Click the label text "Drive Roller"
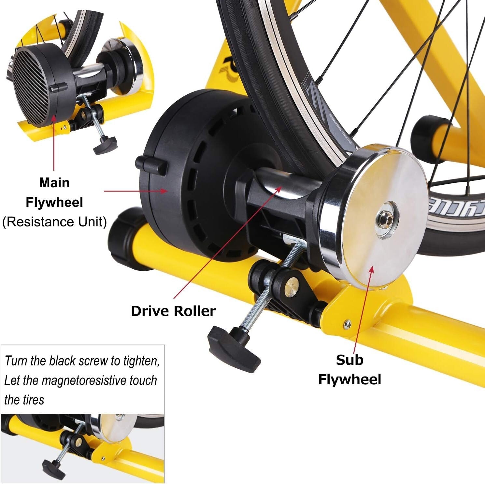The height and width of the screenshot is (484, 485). pyautogui.click(x=173, y=311)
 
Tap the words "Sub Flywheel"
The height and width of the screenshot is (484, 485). pyautogui.click(x=349, y=370)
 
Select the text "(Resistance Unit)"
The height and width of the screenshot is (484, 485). pyautogui.click(x=54, y=222)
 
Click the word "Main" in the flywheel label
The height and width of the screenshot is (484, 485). pyautogui.click(x=54, y=183)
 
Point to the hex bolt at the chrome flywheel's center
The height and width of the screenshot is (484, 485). pyautogui.click(x=387, y=220)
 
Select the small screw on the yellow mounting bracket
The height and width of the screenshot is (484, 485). pyautogui.click(x=347, y=324)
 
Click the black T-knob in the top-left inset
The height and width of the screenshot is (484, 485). pyautogui.click(x=105, y=145)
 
